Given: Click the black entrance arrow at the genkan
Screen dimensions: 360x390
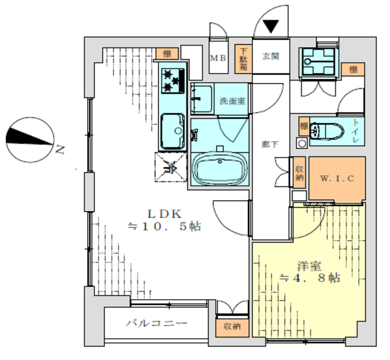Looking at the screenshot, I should [271, 26].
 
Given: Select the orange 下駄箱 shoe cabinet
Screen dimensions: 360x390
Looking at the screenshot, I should [243, 58].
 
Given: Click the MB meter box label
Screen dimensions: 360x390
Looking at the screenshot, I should [218, 58].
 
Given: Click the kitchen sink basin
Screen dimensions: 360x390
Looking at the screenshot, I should [174, 130].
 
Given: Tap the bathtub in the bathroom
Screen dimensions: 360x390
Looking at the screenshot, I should [219, 167].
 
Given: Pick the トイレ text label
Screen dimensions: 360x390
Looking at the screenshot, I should [355, 132].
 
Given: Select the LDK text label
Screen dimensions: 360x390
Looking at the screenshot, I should [163, 214].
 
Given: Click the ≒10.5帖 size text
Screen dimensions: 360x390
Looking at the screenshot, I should [163, 227].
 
